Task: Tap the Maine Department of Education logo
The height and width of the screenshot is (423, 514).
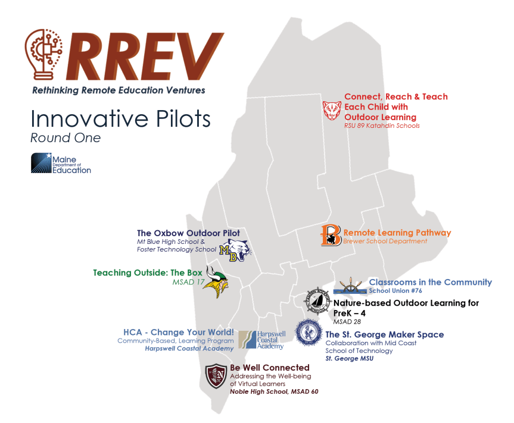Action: pos(61,162)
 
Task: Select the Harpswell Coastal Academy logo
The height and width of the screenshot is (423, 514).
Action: pos(262,340)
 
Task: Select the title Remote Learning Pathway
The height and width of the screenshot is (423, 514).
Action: pos(397,233)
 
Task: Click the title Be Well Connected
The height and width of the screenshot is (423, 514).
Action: pos(270,368)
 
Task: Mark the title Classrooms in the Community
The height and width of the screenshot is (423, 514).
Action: pos(430,282)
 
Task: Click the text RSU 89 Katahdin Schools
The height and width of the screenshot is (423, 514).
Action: pos(382,126)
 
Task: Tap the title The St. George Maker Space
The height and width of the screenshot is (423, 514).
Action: pos(384,334)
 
